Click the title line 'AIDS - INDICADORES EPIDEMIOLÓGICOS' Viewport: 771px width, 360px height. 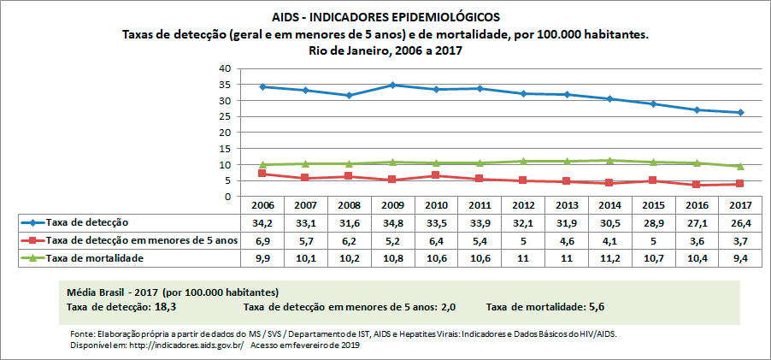385,17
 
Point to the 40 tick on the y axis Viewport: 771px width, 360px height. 225,68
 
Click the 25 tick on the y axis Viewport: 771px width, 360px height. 225,116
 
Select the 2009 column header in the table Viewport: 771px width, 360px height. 391,205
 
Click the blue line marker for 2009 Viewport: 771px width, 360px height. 391,85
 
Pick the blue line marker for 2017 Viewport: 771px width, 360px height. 741,112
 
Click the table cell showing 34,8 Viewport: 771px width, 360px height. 391,222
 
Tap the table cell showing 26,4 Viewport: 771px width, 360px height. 741,222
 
